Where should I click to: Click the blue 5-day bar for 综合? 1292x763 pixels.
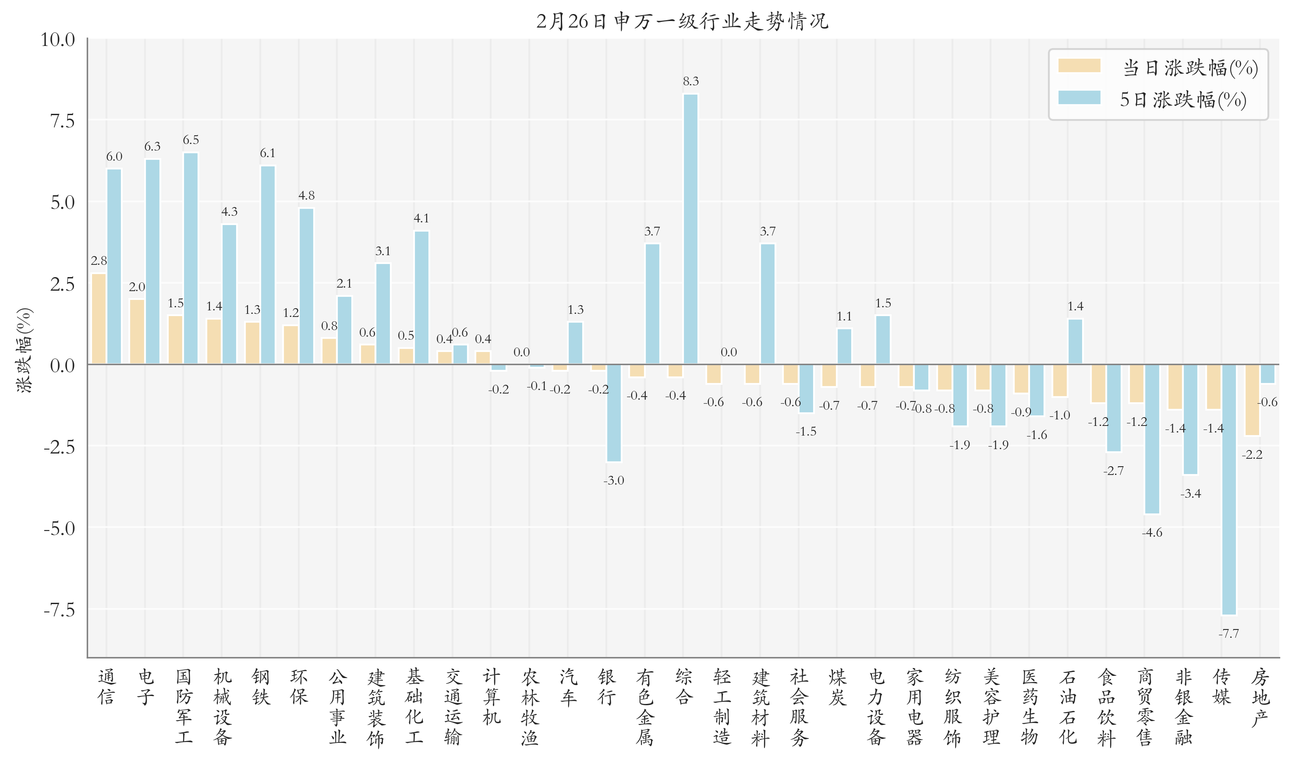pyautogui.click(x=690, y=229)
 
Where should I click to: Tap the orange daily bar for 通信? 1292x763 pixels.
pyautogui.click(x=99, y=319)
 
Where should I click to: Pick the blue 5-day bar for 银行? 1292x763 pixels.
pyautogui.click(x=614, y=413)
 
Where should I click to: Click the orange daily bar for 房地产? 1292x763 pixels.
pyautogui.click(x=1252, y=400)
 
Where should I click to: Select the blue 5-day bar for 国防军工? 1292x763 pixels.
pyautogui.click(x=191, y=259)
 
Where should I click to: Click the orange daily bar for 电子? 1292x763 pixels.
pyautogui.click(x=137, y=332)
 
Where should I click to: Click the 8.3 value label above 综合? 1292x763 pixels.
pyautogui.click(x=690, y=81)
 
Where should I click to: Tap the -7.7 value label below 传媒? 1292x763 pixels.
pyautogui.click(x=1229, y=633)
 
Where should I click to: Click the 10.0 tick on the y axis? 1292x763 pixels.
pyautogui.click(x=58, y=39)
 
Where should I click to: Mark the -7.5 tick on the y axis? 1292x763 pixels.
pyautogui.click(x=59, y=610)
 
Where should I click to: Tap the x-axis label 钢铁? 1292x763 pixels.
pyautogui.click(x=261, y=687)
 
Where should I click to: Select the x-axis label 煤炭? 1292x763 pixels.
pyautogui.click(x=837, y=687)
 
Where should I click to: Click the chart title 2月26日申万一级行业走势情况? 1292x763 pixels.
pyautogui.click(x=682, y=21)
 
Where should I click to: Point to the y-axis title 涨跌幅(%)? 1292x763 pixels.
pyautogui.click(x=24, y=350)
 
